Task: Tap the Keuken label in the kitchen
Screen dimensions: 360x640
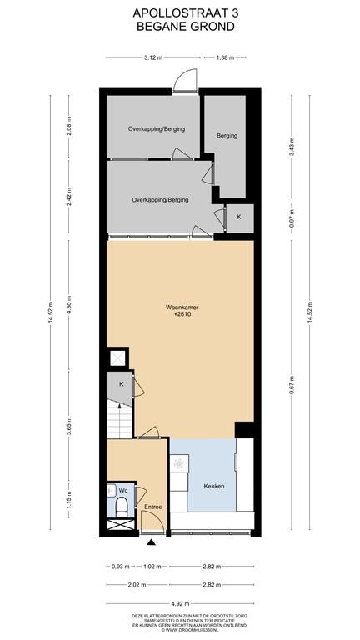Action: click(214, 486)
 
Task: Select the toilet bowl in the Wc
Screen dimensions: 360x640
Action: click(122, 506)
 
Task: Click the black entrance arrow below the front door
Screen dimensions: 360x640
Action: click(152, 542)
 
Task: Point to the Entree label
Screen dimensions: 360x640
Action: click(153, 507)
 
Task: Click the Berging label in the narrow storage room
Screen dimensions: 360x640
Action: click(227, 136)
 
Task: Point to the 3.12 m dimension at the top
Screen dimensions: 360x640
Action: click(153, 57)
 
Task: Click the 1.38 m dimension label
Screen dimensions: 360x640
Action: click(224, 57)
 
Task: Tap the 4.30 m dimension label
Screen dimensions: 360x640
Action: click(68, 304)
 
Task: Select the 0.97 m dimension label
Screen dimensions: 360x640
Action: click(292, 218)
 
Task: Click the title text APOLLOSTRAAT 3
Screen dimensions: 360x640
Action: click(186, 13)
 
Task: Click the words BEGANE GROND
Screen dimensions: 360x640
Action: click(186, 27)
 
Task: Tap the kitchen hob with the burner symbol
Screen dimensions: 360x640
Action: click(179, 463)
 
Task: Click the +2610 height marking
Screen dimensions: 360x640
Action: click(182, 314)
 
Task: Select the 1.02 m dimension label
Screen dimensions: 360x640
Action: click(152, 567)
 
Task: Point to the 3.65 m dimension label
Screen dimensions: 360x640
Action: click(68, 426)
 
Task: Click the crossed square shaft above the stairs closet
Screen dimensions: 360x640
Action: click(117, 358)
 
